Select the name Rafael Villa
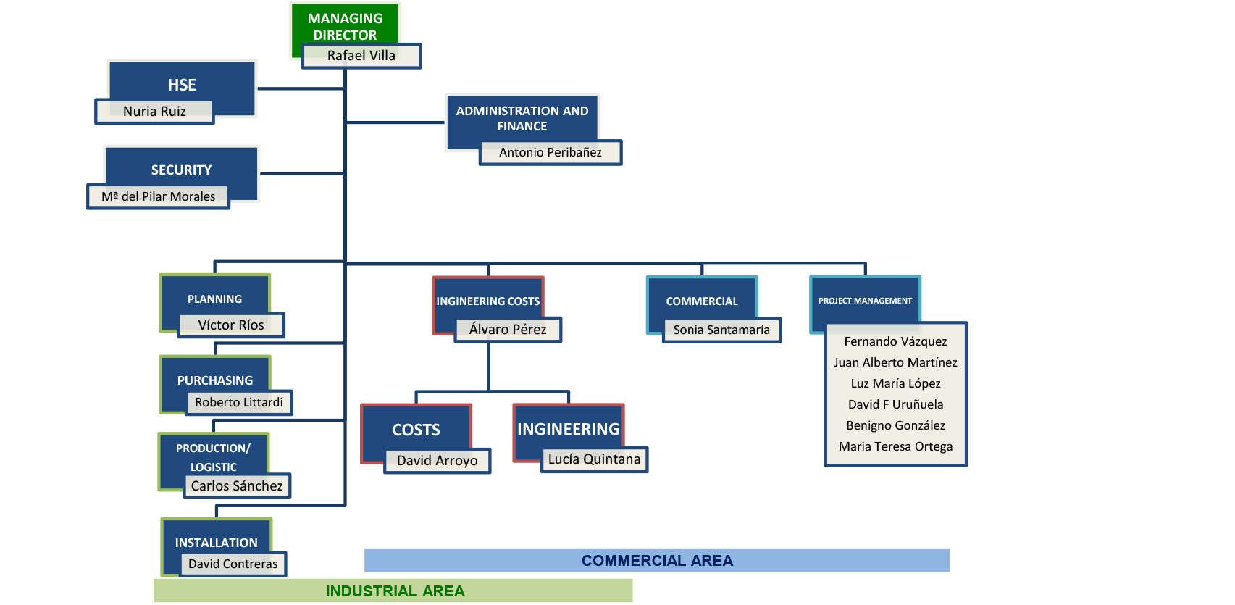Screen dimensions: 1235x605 coord(361,56)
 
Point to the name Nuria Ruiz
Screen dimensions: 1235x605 coord(154,112)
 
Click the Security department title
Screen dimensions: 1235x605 coord(181,170)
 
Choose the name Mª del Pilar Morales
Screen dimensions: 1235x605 coord(158,196)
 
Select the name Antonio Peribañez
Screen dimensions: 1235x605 coord(550,152)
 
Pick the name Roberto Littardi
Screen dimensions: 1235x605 coord(239,402)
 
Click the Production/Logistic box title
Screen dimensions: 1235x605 coord(214,457)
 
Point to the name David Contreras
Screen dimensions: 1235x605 coord(233,564)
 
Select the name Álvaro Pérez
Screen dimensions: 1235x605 coord(508,329)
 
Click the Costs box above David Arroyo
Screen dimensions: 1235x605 coord(416,430)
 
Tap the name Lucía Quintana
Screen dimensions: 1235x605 coord(595,459)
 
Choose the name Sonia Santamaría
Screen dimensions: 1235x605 coord(721,330)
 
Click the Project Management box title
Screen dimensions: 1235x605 coord(865,301)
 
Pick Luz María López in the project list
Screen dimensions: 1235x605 coord(895,383)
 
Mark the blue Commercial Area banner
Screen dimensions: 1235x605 coord(657,560)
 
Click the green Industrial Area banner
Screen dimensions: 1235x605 coord(393,591)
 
